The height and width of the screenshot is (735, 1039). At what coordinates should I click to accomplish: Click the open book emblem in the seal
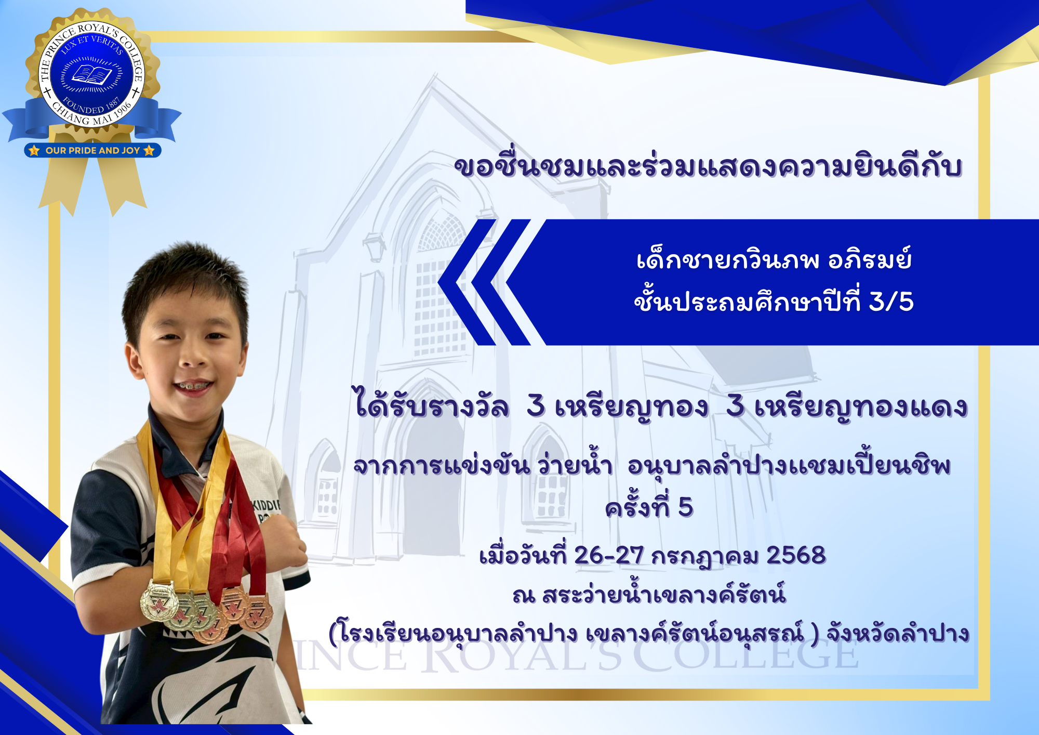91,74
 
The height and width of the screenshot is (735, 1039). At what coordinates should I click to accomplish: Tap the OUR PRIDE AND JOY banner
92,150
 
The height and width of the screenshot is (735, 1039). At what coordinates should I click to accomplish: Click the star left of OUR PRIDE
34,150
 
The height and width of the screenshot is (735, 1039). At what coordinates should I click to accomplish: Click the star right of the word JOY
149,150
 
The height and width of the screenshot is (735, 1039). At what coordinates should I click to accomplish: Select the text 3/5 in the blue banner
891,301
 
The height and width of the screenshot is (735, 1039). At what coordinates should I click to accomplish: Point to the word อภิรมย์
870,258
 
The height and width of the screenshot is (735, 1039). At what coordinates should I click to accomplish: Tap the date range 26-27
609,555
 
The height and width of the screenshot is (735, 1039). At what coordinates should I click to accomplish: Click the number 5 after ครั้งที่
686,507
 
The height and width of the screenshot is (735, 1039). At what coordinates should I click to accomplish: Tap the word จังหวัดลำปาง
898,633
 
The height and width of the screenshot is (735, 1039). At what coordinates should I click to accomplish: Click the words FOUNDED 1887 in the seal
91,106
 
